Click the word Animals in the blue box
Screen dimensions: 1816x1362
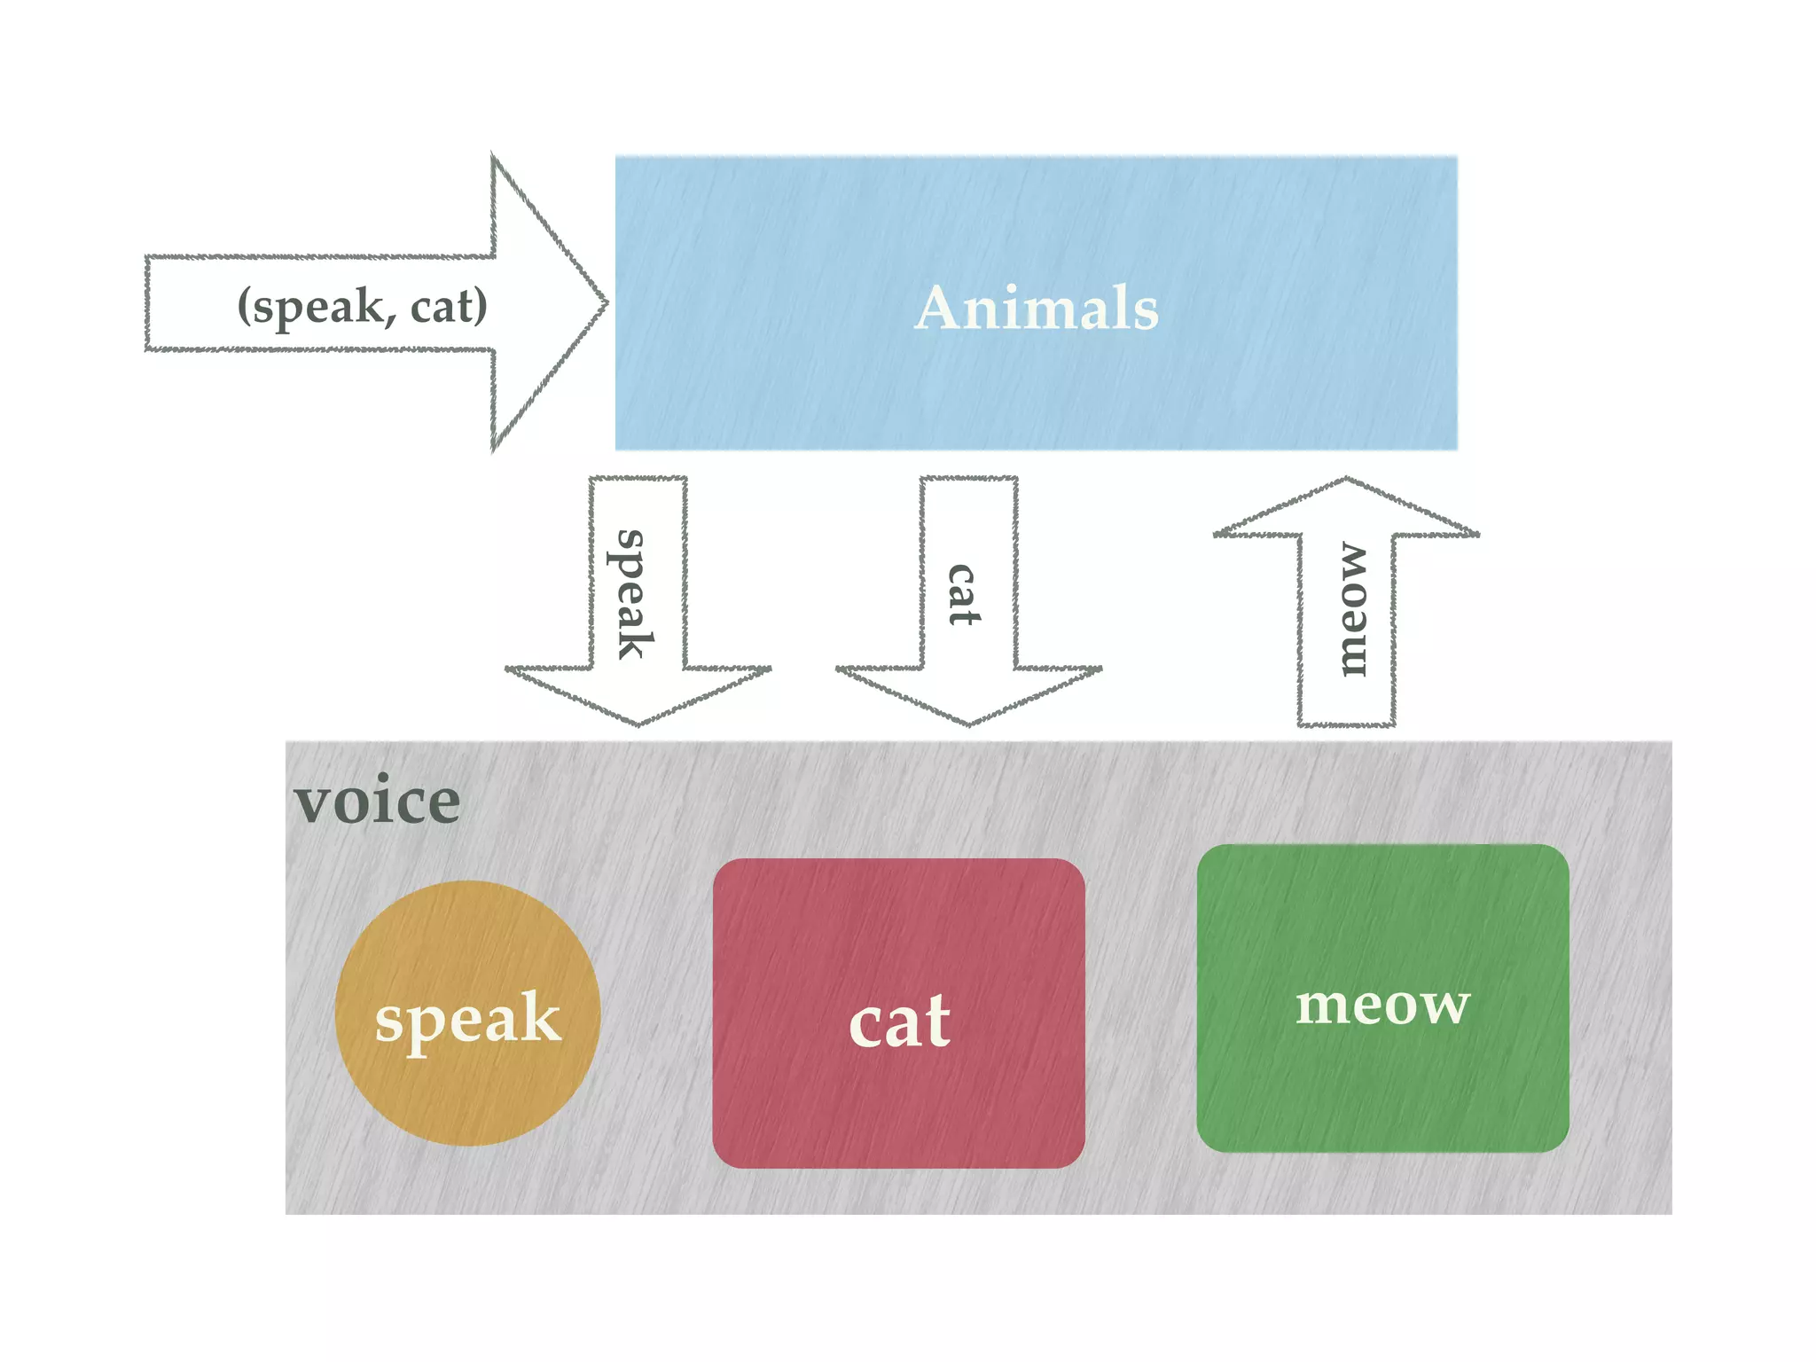[x=1037, y=308]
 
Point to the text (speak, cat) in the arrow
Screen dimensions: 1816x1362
[x=362, y=306]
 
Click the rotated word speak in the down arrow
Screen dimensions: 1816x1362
[x=631, y=594]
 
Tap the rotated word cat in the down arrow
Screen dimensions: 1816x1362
[x=963, y=594]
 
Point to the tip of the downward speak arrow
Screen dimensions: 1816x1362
[x=638, y=723]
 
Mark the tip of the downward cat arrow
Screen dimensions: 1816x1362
[x=969, y=723]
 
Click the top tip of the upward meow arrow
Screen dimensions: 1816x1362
[x=1346, y=481]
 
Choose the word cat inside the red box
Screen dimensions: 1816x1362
[x=899, y=1021]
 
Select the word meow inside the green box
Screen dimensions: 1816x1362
[x=1382, y=1006]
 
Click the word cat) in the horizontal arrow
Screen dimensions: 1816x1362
[x=449, y=306]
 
